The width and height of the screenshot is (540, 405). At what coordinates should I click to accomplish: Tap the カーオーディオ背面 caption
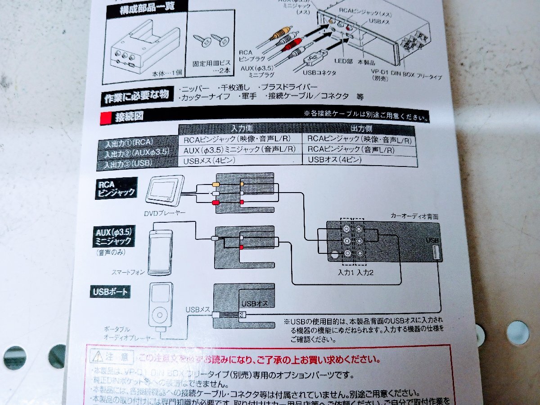[414, 217]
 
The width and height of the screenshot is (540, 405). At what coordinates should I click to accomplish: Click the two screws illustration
[211, 42]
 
